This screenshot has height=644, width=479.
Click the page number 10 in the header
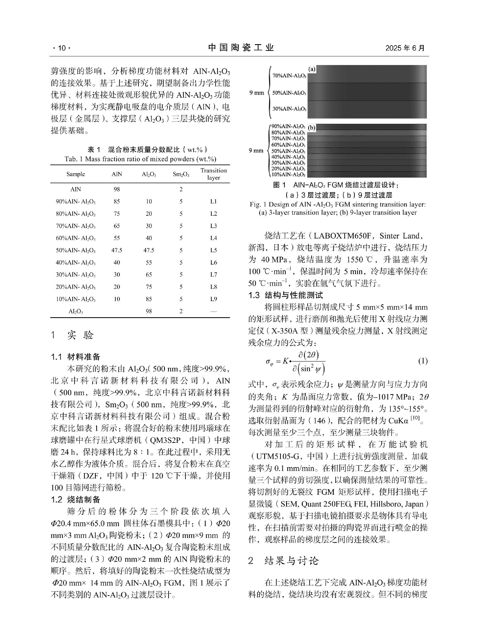(62, 48)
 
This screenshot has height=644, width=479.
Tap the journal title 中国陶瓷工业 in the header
(241, 48)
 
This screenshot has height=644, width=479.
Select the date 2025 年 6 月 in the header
(405, 48)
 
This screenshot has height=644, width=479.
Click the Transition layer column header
(213, 174)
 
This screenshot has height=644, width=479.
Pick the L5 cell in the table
(213, 250)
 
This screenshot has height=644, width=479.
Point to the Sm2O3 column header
(181, 174)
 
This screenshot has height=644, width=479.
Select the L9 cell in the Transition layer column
(213, 299)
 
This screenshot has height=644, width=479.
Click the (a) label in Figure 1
(312, 69)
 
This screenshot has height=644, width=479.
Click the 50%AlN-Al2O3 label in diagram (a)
(289, 93)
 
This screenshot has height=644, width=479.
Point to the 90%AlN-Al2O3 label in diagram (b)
(288, 127)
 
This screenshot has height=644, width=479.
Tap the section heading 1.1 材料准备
(76, 357)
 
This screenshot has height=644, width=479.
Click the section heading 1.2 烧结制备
(76, 500)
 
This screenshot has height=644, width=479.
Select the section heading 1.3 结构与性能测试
(285, 295)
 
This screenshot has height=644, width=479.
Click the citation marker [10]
(415, 418)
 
